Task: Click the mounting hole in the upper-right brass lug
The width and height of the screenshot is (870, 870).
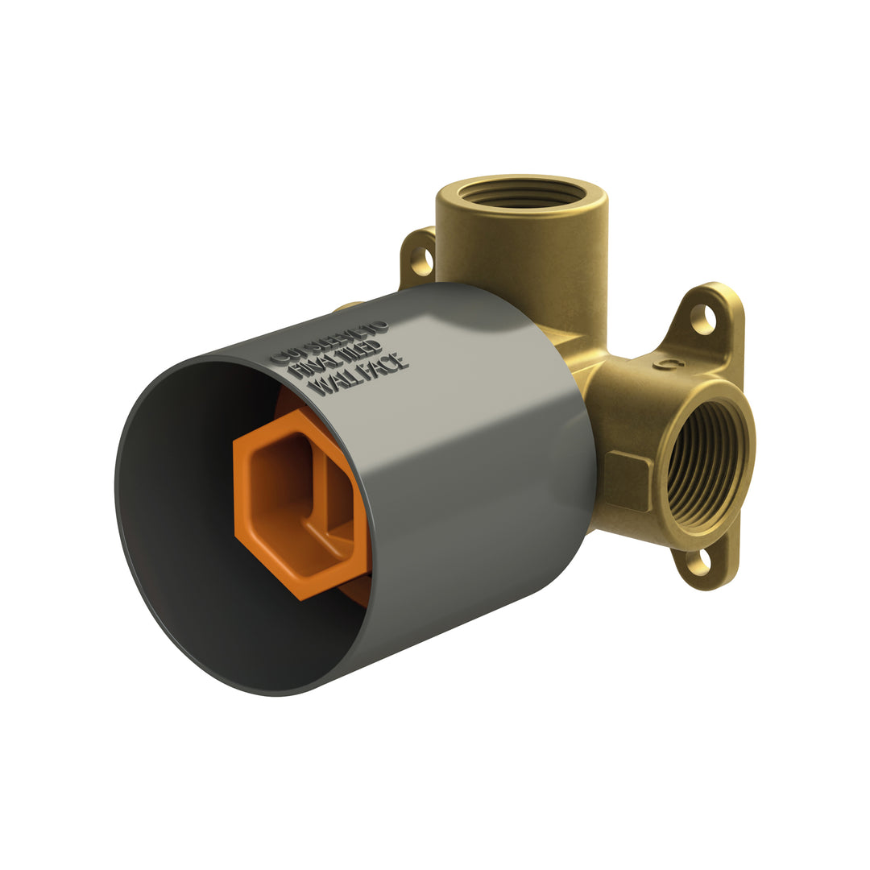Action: click(x=702, y=319)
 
